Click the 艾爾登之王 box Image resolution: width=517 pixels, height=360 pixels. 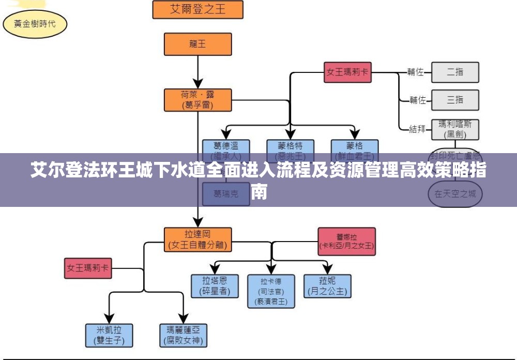[x=198, y=9]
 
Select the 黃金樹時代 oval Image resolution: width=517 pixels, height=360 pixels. [x=35, y=23]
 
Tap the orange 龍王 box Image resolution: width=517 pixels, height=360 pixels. [x=197, y=44]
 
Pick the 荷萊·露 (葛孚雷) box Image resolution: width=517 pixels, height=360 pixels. [x=197, y=100]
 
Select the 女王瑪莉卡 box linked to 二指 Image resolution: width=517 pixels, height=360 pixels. [x=347, y=72]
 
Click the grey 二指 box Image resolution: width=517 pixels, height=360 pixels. [x=455, y=72]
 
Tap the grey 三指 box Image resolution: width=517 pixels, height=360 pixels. [x=455, y=100]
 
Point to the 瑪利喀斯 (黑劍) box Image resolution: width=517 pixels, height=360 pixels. [x=455, y=129]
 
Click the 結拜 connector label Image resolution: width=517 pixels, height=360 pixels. [x=417, y=129]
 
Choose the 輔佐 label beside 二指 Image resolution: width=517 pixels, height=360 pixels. [x=415, y=72]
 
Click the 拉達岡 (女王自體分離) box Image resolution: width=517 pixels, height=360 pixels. [x=197, y=239]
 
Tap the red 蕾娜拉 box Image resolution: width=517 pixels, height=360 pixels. [x=346, y=241]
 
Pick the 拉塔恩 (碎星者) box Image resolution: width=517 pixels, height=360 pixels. [x=215, y=286]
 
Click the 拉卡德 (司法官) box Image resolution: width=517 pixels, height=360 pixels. [x=271, y=291]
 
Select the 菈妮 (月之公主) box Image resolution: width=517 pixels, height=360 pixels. [x=327, y=286]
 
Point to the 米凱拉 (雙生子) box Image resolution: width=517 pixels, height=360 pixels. [x=109, y=335]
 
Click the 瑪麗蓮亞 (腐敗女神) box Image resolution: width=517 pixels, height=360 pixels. [x=183, y=335]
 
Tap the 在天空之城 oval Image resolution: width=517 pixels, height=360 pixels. [x=455, y=194]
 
